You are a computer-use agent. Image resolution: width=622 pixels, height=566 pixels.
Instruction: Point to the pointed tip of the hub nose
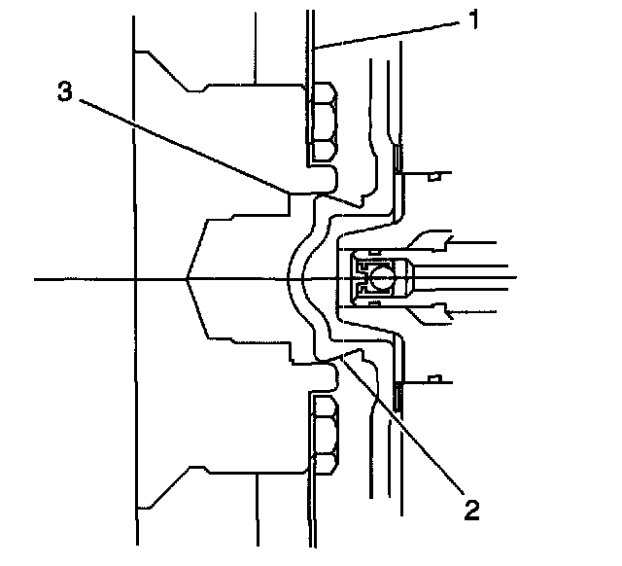point(188,280)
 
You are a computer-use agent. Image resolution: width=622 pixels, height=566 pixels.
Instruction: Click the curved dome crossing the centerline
point(295,280)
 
